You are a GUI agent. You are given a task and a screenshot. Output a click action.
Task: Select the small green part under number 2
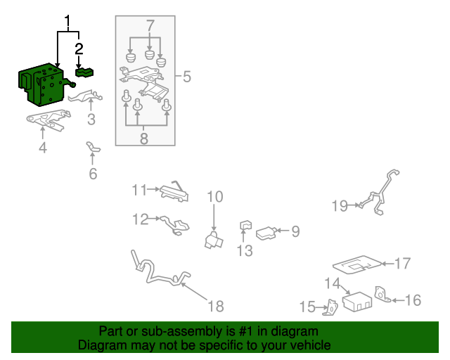coord(84,72)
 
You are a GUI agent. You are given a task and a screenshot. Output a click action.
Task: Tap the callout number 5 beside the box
coord(187,77)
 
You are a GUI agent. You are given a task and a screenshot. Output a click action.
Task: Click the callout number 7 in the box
coord(150,26)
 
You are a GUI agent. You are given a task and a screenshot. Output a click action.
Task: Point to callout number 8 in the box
coord(143,139)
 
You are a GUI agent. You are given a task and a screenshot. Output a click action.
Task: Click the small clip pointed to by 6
coord(94,147)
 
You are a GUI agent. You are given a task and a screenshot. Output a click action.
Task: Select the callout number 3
coord(91,120)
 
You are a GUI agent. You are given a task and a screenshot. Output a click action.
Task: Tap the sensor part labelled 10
coord(214,240)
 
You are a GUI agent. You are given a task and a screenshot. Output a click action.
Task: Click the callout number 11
coord(139,190)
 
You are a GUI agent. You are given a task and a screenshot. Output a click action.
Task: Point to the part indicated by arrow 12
coord(175,226)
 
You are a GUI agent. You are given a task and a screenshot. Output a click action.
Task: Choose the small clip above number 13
coord(245,226)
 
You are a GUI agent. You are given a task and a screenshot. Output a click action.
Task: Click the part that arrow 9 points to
coord(266,233)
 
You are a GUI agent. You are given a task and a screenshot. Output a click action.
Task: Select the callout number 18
coord(216,306)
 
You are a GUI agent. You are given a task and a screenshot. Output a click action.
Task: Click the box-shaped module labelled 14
coord(357,302)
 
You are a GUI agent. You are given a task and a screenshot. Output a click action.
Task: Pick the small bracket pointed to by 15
coord(330,308)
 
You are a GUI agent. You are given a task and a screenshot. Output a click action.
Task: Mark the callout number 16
coord(413,300)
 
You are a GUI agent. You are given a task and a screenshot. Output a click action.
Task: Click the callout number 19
coord(340,206)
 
